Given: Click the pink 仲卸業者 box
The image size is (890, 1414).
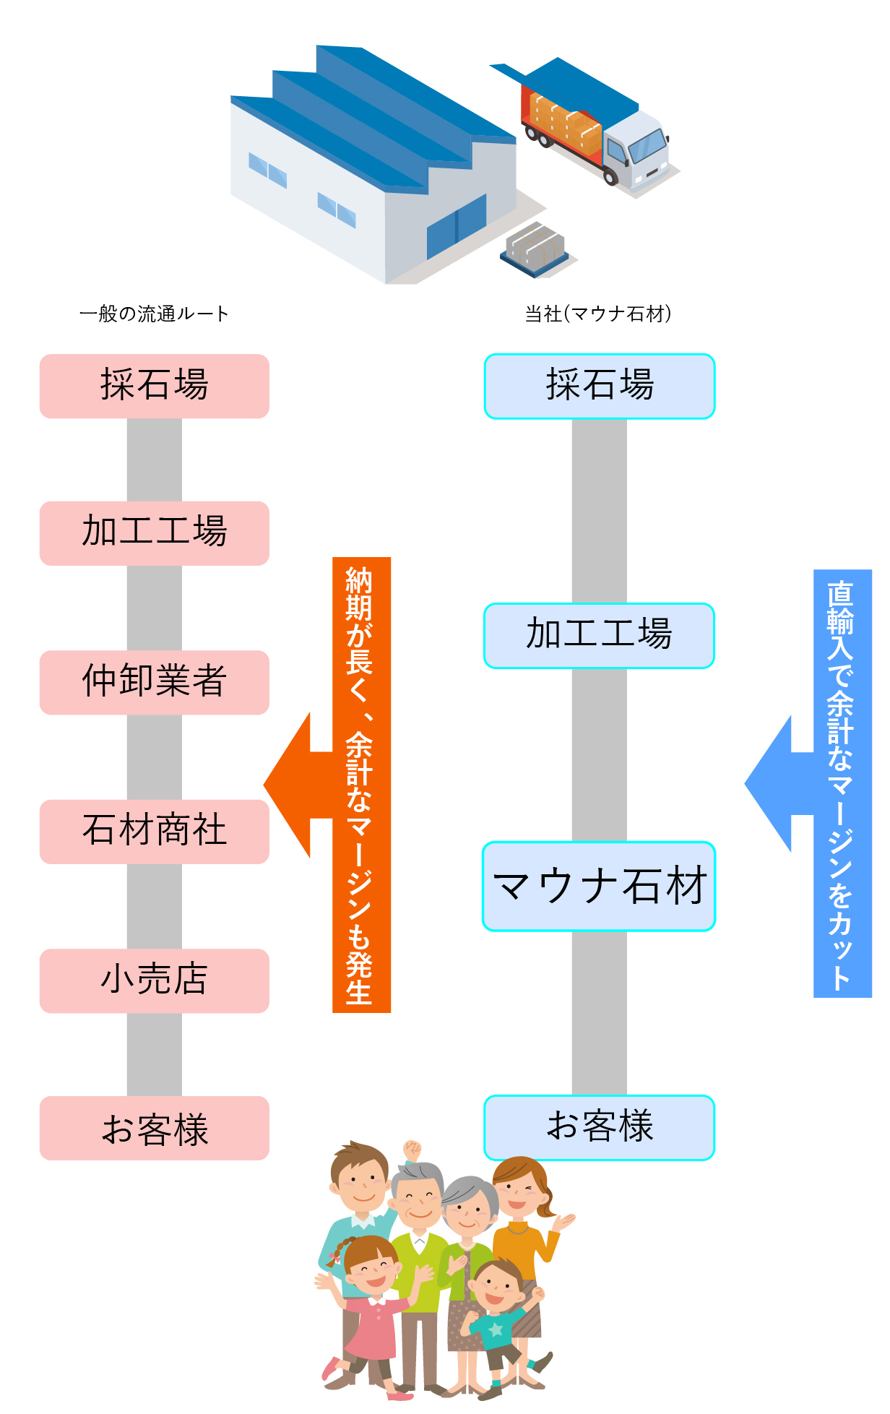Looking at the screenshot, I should pos(154,682).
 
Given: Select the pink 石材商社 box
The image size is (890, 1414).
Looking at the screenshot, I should pos(154,831).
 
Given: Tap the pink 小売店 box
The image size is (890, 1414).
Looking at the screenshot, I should pos(154,980).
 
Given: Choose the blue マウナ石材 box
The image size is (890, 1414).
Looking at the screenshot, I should pos(599,886).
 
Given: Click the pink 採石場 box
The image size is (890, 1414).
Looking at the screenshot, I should pos(154,386).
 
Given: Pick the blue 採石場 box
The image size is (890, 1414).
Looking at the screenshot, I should pos(599,386).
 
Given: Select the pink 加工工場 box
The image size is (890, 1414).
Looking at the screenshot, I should pos(154,533).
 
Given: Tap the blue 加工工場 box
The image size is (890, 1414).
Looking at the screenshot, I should pos(599,635).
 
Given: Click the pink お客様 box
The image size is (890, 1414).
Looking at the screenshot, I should pos(154,1128).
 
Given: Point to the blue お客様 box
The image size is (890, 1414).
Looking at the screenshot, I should pos(599,1127).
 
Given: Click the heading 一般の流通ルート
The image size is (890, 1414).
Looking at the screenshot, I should pos(154,314).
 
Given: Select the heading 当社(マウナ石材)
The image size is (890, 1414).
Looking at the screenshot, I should pos(598,314).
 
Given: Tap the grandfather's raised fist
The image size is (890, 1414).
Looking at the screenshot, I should pos(412,1150).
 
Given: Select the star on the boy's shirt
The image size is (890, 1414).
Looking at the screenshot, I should pos(496,1328).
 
